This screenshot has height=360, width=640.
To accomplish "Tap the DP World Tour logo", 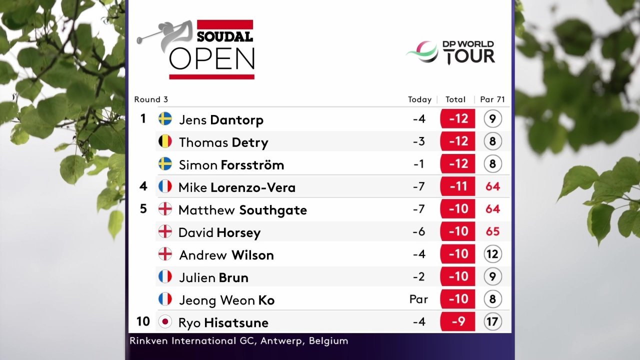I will pos(451,52).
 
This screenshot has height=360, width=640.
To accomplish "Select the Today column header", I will pos(419,99).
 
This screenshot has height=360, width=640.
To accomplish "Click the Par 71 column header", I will pos(492,99).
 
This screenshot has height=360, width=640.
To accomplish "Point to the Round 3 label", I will pos(151,99).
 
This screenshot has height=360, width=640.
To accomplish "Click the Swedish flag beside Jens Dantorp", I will pos(165,119).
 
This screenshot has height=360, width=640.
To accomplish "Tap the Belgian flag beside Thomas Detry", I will pos(165,141).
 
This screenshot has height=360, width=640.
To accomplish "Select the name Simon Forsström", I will pos(231,164).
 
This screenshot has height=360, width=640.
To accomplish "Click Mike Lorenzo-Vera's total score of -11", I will pos(457,186).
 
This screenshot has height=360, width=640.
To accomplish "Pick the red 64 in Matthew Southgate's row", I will pos(492,209).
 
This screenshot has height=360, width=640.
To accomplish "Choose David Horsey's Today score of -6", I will pos(419,231).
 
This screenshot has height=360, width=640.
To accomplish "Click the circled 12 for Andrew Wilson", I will pos(492,254).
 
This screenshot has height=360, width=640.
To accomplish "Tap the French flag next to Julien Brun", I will pos(165,276).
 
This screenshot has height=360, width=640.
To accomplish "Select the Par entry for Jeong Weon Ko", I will pos(418,299).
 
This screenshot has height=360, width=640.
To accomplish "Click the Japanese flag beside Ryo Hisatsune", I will pos(165,321).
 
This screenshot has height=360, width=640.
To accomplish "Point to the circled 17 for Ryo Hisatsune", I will pos(492,321).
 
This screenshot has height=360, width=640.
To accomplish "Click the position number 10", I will pos(142,320).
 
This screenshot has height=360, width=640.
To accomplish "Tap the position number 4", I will pos(143,186).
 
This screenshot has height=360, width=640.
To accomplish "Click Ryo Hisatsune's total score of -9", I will pos(457,321).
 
